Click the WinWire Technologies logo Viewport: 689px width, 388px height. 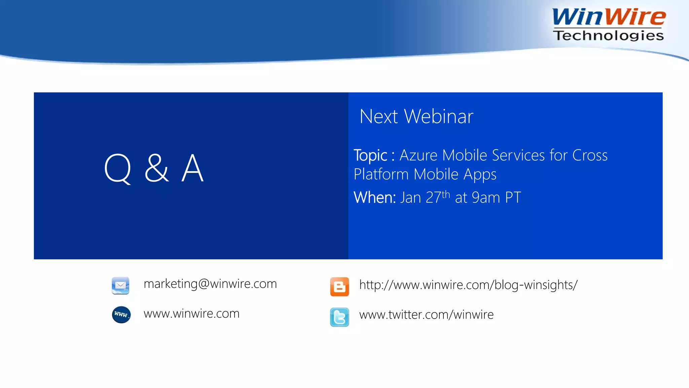click(609, 24)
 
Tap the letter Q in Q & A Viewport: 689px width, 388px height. click(117, 168)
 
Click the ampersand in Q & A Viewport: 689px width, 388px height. click(156, 168)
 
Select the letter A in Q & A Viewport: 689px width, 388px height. click(192, 168)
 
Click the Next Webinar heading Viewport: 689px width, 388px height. click(416, 117)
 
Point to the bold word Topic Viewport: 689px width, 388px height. click(370, 155)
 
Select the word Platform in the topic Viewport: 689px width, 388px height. click(381, 174)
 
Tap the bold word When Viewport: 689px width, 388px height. click(374, 197)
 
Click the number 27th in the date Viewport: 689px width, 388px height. click(437, 197)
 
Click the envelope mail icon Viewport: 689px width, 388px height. click(120, 286)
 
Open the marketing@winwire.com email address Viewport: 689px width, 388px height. click(210, 284)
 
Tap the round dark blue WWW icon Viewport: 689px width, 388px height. click(121, 315)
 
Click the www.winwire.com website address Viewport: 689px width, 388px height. click(191, 314)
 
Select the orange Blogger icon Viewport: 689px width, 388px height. click(339, 287)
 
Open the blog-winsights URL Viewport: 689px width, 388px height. click(468, 285)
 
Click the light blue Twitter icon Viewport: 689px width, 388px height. click(339, 317)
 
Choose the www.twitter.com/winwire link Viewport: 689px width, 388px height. click(426, 315)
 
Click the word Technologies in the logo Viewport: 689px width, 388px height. click(609, 35)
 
